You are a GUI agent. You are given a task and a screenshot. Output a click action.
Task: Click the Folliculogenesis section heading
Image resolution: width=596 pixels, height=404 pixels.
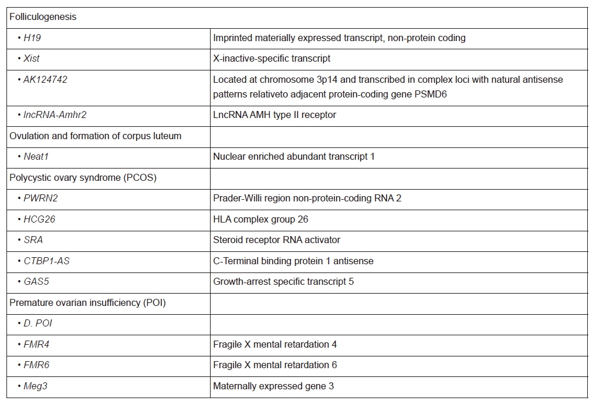pos(43,17)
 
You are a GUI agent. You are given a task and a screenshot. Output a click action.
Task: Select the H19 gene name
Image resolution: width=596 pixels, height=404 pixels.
pos(32,38)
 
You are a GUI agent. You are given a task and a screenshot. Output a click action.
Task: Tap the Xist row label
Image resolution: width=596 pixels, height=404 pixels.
pos(32,59)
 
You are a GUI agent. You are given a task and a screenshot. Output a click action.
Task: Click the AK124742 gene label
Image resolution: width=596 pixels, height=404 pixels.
pos(45,79)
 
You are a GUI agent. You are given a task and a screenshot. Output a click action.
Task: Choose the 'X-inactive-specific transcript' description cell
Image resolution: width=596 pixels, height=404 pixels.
pos(272,59)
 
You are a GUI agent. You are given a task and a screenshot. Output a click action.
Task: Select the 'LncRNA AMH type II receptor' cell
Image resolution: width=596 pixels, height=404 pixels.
pos(275,115)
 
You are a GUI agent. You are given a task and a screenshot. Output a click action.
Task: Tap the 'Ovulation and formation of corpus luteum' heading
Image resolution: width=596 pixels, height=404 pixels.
pos(96,136)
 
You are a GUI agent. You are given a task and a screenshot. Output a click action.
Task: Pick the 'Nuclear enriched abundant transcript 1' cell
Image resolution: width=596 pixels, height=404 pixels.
pos(293,157)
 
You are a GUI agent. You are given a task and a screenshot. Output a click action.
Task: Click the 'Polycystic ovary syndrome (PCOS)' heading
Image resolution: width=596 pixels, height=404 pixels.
pos(83,177)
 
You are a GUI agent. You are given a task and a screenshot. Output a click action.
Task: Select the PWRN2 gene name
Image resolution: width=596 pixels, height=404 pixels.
pos(40,198)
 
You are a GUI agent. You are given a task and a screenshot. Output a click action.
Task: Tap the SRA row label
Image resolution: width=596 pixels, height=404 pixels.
pos(33,240)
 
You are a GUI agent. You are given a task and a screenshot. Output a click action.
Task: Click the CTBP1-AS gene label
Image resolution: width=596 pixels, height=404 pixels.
pos(46,261)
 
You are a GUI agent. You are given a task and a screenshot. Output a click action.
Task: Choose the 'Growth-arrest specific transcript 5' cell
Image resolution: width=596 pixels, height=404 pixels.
pos(283,282)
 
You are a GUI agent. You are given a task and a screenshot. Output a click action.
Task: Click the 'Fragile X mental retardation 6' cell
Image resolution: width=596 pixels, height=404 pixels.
pos(275,365)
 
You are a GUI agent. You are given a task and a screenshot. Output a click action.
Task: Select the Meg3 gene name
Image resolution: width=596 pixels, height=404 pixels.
pos(35,386)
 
